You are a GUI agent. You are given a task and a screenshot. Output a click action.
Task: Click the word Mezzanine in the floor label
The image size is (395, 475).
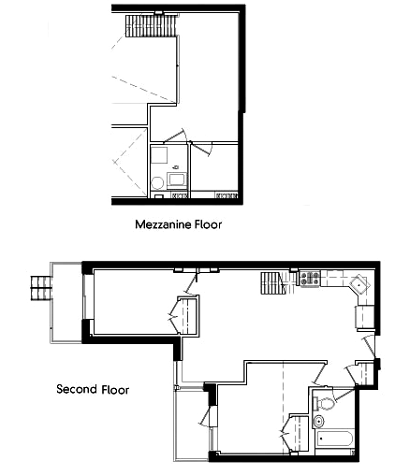[163, 224]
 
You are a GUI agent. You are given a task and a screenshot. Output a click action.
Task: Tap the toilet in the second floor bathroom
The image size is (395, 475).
[324, 404]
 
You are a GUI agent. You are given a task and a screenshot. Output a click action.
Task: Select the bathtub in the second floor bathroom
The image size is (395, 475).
[334, 439]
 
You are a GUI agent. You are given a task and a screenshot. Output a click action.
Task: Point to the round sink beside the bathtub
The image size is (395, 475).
[319, 422]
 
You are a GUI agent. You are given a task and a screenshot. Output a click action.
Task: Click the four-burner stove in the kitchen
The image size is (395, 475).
[310, 279]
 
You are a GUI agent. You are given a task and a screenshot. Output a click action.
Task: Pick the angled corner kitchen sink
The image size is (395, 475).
[359, 284]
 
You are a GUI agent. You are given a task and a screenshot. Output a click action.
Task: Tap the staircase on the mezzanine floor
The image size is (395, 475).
[151, 26]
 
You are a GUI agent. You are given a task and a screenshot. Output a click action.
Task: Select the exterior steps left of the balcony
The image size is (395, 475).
[40, 288]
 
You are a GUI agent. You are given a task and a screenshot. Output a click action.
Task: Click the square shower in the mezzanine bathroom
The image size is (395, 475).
[159, 155]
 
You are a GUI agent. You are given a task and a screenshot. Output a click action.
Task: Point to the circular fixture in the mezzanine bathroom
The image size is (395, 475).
[157, 183]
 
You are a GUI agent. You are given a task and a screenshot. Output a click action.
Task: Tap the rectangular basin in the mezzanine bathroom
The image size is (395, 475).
[177, 180]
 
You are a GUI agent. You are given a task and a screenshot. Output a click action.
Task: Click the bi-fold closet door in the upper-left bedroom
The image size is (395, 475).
[174, 315]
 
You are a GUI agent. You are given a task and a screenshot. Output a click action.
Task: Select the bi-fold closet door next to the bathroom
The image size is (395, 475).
[286, 433]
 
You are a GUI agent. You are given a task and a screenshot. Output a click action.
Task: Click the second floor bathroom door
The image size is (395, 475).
[342, 395]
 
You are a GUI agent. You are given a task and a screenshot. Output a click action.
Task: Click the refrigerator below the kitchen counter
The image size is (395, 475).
[364, 316]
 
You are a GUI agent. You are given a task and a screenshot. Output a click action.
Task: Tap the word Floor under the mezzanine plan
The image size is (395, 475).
[209, 224]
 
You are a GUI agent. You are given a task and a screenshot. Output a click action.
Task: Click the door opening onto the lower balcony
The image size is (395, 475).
[206, 416]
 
